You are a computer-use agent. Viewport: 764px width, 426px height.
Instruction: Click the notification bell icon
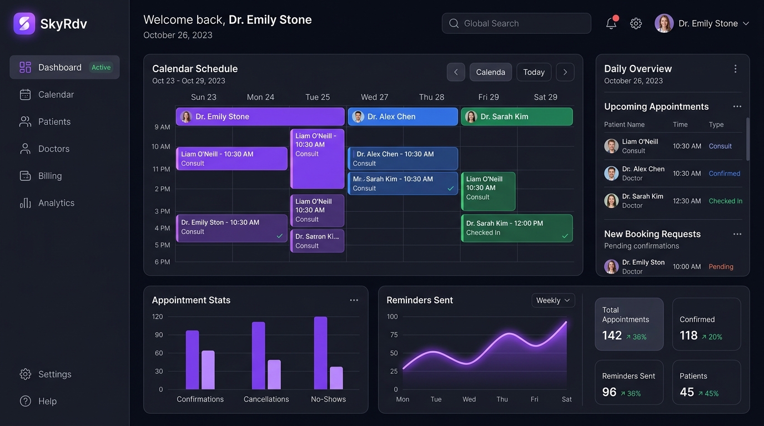[611, 23]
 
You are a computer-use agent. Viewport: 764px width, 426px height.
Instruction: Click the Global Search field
[516, 23]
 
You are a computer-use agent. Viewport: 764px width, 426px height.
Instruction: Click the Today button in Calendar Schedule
[534, 72]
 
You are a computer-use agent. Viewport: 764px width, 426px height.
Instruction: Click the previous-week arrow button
[456, 72]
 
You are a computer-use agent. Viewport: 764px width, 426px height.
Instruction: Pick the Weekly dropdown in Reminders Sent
[553, 300]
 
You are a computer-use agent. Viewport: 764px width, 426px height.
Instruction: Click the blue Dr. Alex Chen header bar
[403, 116]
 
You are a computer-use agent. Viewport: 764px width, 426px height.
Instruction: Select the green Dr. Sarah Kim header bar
[517, 116]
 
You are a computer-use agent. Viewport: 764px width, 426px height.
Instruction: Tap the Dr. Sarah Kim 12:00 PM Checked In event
[517, 228]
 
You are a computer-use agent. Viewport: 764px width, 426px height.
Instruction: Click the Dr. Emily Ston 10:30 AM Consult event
[232, 228]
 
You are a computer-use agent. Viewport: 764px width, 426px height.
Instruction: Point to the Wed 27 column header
[374, 97]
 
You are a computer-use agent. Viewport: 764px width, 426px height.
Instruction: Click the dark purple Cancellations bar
[259, 356]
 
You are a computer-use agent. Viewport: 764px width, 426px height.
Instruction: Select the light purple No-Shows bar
[336, 378]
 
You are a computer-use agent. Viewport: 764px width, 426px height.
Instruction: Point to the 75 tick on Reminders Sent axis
[394, 334]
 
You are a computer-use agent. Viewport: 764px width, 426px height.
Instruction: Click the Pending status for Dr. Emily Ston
[721, 266]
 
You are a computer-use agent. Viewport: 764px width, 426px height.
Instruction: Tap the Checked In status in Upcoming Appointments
[726, 201]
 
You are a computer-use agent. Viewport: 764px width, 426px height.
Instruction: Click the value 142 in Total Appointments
[612, 336]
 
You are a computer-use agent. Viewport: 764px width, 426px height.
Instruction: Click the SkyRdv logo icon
[24, 23]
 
